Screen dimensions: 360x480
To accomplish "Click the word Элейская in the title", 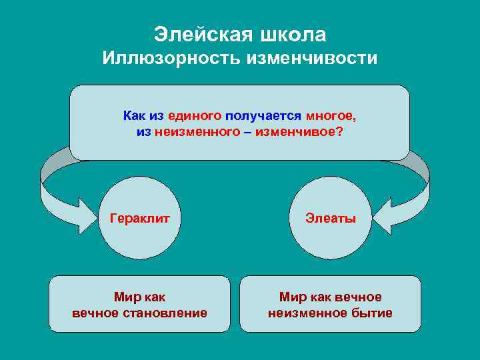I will (x=199, y=33).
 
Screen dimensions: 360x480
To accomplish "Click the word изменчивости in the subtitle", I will (x=312, y=59).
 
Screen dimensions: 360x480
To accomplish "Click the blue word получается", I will (x=265, y=116).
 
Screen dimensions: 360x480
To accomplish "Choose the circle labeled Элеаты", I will (x=331, y=217).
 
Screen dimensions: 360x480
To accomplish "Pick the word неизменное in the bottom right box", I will (x=309, y=313).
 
